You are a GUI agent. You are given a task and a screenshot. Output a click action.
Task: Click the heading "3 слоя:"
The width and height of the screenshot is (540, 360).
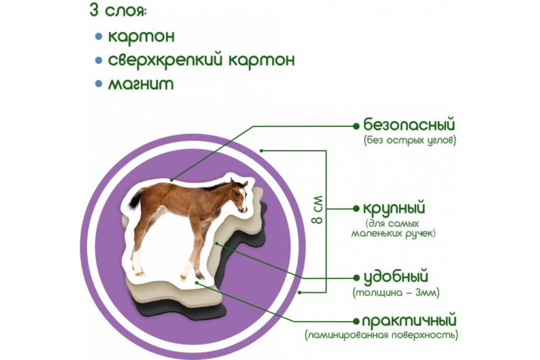118,11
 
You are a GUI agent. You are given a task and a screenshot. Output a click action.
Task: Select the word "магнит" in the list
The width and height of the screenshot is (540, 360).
141,84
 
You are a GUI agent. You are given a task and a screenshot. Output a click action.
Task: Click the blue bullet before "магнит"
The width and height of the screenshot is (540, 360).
99,84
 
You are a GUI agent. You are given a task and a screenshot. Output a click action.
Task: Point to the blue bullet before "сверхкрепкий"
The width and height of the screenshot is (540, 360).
99,60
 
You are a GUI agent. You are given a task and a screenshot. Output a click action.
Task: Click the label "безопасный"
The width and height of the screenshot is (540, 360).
409,125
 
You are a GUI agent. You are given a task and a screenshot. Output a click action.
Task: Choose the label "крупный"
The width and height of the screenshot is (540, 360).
394,208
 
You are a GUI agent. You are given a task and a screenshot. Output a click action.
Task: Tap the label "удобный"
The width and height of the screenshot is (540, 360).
396,277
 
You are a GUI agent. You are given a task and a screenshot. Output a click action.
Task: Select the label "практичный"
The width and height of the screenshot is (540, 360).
409,321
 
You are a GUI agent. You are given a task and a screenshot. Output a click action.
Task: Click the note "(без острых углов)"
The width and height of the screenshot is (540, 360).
410,140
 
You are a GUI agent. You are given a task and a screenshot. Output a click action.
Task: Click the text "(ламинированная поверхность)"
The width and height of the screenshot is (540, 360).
382,336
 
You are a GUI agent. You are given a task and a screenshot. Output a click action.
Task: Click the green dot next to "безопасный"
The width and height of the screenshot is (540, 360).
356,126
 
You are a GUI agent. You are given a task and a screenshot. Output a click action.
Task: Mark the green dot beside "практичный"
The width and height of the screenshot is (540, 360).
356,321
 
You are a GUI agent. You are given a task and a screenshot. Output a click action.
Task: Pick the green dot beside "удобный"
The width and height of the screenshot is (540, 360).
356,278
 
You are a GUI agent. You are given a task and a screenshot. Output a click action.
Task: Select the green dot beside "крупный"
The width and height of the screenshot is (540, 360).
356,209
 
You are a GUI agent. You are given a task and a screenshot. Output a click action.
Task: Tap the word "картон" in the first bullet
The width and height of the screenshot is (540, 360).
141,36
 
